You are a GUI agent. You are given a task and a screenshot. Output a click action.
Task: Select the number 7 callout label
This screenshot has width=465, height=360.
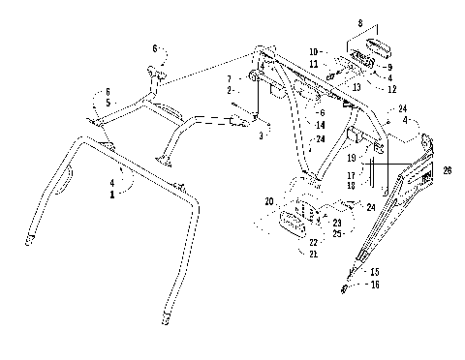[228, 78]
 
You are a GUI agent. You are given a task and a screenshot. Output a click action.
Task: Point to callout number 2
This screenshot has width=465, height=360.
[228, 89]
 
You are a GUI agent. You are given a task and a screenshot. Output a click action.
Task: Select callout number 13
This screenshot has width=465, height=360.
[357, 87]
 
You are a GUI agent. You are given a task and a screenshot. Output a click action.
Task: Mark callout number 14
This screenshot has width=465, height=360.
[292, 126]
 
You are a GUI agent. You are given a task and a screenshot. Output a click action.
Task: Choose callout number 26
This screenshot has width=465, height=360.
[447, 170]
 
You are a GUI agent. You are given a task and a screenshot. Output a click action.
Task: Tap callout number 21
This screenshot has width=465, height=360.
[313, 254]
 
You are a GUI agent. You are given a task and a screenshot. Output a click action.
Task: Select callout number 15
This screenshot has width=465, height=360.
[374, 273]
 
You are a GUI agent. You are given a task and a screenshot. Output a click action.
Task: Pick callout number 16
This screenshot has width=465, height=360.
[374, 285]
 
